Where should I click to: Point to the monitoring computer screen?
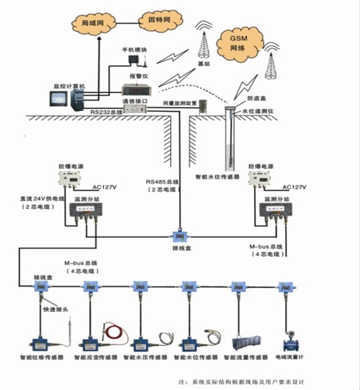click(x=59, y=98)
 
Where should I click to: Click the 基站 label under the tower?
click(x=203, y=65)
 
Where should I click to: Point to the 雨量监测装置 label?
click(x=180, y=103)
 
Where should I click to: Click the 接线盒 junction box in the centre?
click(x=179, y=235)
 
